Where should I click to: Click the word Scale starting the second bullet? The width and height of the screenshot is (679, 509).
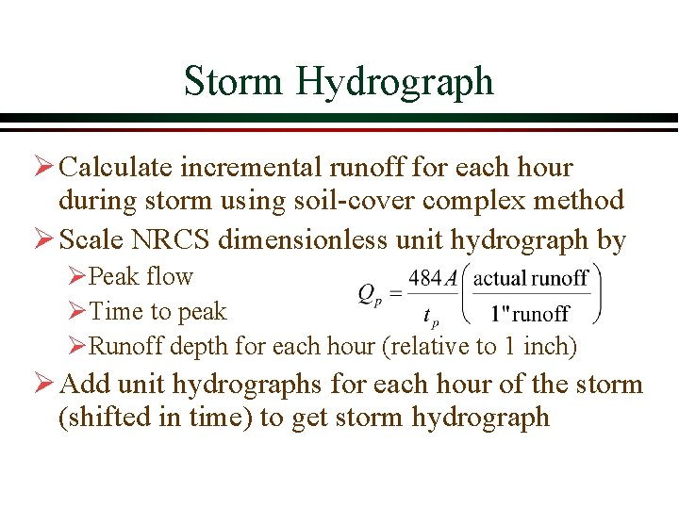[x=89, y=240]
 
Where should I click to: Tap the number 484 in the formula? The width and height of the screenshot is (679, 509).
[x=425, y=279]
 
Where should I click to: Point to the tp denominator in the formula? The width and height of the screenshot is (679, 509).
[x=431, y=315]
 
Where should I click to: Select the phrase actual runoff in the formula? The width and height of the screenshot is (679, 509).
[x=531, y=278]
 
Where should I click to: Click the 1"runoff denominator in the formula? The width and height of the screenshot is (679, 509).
[x=531, y=314]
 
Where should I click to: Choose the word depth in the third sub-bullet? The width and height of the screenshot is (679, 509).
[x=198, y=346]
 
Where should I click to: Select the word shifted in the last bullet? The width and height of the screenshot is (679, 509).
[x=102, y=418]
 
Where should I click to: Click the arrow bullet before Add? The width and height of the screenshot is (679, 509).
[x=43, y=386]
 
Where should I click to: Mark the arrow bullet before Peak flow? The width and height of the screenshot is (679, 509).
[x=77, y=277]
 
